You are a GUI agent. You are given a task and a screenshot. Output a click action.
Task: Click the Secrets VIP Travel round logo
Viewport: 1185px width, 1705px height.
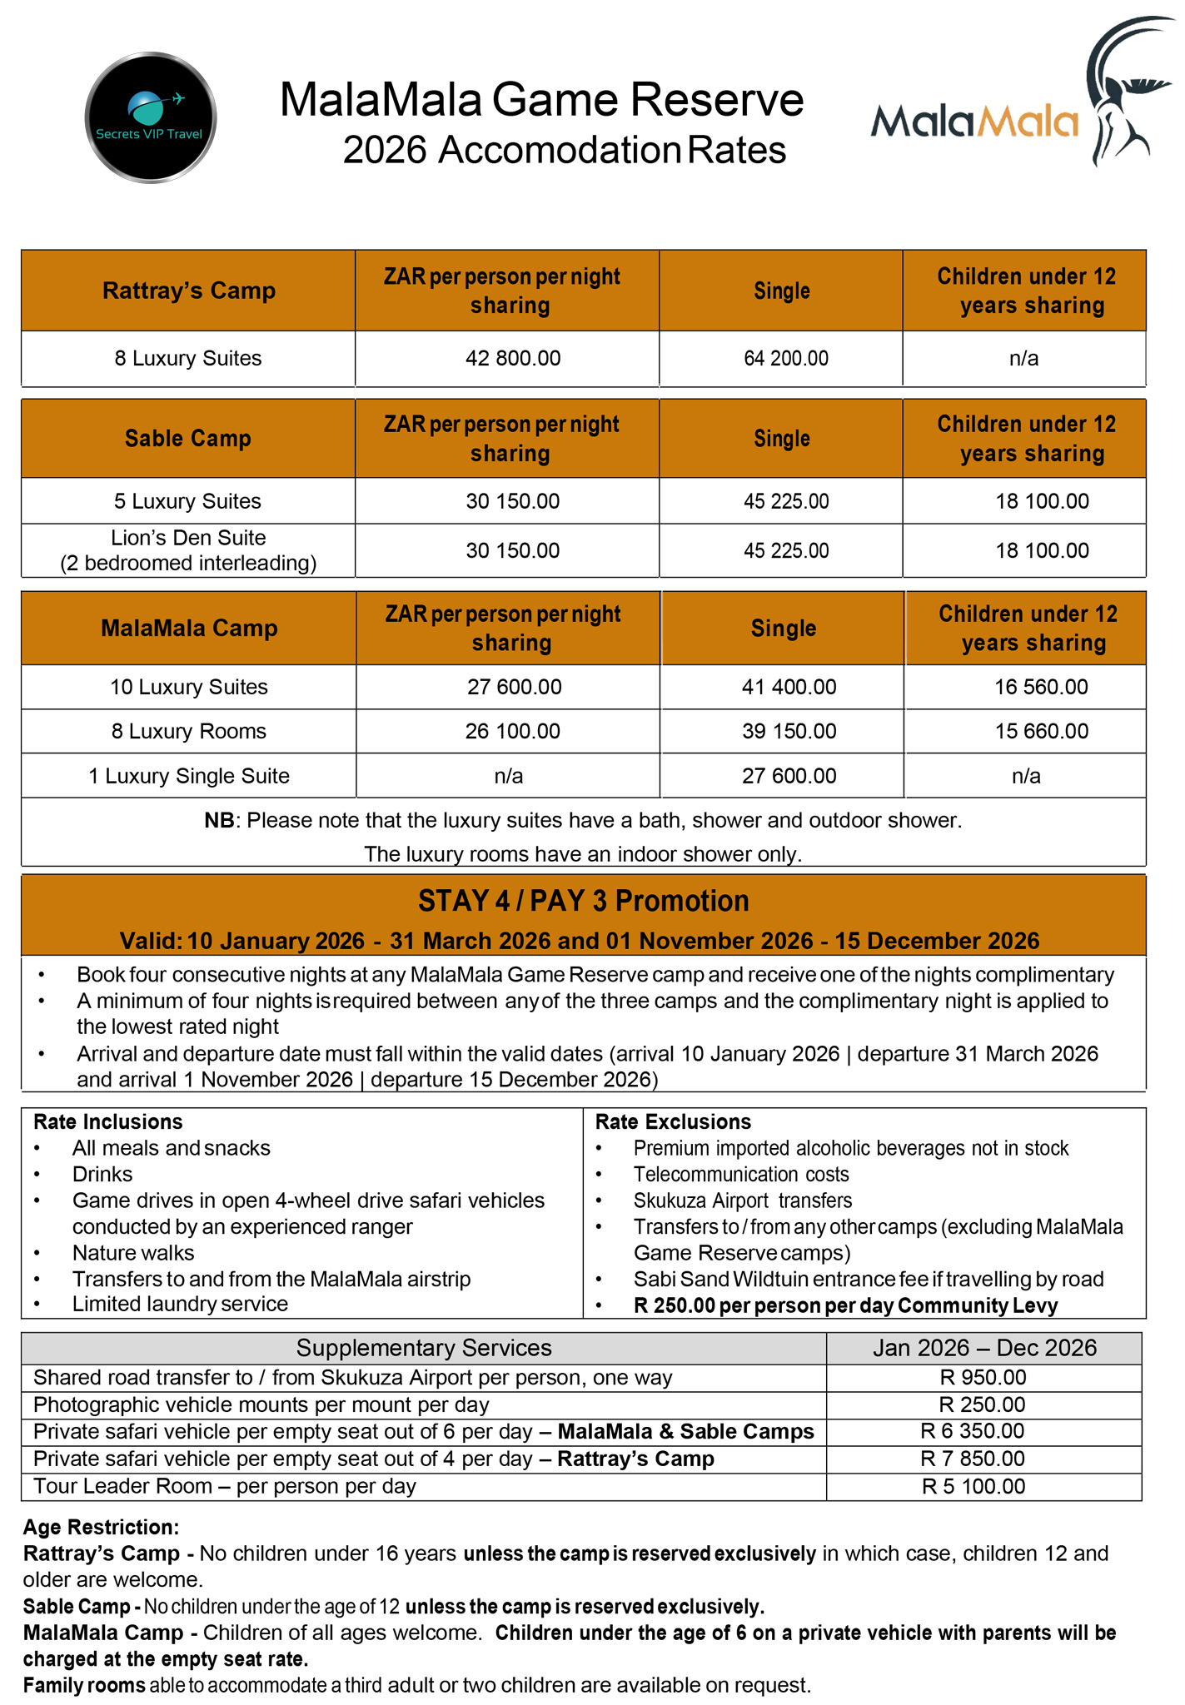coord(151,117)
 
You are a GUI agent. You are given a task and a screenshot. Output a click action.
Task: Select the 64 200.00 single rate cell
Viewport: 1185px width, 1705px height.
coord(785,359)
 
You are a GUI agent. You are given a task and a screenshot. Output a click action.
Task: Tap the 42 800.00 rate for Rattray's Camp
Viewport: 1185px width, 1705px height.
coord(513,359)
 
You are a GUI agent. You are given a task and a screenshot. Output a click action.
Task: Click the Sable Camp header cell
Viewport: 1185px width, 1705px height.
coord(188,439)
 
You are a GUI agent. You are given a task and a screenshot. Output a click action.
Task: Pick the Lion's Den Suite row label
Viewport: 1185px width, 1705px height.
coord(188,550)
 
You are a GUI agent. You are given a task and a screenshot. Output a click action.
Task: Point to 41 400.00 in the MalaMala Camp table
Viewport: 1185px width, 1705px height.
coord(789,687)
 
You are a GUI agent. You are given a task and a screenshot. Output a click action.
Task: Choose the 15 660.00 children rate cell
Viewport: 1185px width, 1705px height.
coord(1041,731)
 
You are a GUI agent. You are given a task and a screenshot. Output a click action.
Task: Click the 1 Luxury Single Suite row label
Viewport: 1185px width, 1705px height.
coord(189,776)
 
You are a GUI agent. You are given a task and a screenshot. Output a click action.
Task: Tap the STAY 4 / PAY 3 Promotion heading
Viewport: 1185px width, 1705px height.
coord(583,901)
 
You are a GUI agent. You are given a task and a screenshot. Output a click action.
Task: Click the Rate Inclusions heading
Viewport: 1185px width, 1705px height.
coord(107,1121)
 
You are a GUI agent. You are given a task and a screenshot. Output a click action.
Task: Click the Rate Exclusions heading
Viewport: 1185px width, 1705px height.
coord(673,1121)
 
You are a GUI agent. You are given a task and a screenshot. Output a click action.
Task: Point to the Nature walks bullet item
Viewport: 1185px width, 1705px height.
coord(133,1252)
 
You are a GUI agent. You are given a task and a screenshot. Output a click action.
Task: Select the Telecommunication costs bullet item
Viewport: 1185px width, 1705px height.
coord(741,1174)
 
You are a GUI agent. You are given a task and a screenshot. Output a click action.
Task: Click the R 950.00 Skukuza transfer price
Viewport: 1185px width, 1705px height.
coord(983,1377)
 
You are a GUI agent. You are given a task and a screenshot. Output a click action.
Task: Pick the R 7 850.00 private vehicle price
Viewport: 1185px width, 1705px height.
coord(972,1458)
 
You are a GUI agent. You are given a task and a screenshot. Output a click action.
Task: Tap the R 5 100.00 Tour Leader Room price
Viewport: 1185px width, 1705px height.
coord(973,1486)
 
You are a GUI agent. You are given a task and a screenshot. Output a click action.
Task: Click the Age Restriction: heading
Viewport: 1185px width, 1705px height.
coord(101,1527)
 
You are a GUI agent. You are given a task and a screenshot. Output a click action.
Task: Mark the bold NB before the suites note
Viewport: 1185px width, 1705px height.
coord(220,821)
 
